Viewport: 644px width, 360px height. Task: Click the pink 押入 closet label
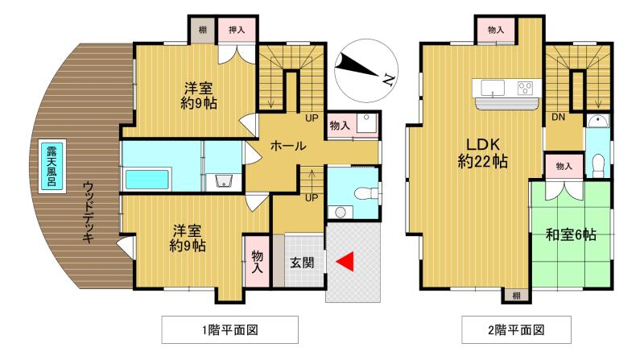(237, 30)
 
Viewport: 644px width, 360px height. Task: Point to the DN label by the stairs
(556, 118)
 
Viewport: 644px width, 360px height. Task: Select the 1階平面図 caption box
(230, 329)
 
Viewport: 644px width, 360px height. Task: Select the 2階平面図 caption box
(516, 329)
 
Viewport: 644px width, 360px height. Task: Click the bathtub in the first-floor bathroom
(146, 180)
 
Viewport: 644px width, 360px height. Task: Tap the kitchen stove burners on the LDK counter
(526, 88)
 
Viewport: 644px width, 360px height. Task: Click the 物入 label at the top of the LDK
(496, 30)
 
